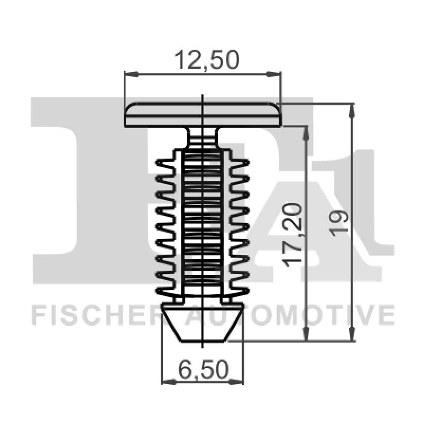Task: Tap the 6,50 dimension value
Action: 203,369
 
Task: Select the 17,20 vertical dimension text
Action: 297,233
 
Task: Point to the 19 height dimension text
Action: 340,222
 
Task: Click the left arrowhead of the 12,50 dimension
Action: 128,75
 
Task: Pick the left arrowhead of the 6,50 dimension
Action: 165,380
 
